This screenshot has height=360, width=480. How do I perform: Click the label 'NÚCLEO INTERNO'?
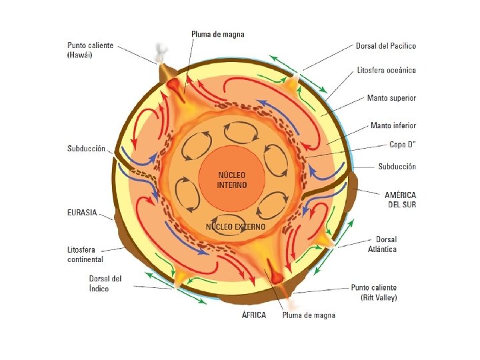click(232, 180)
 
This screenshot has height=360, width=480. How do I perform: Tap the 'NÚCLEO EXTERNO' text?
click(235, 227)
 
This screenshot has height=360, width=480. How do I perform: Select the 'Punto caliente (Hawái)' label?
click(91, 51)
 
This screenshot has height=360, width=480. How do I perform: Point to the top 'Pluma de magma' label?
click(217, 33)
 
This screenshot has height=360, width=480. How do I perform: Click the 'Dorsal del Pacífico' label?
click(385, 46)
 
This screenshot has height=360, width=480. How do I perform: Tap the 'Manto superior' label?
click(391, 98)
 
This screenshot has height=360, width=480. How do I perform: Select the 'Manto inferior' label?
click(393, 125)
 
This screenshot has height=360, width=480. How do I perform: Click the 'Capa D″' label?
click(403, 145)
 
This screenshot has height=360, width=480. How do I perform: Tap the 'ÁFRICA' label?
click(253, 315)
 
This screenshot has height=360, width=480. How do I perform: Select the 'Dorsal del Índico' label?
click(105, 283)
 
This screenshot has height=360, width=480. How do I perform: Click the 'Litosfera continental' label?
click(85, 253)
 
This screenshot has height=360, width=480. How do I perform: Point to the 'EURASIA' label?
click(82, 213)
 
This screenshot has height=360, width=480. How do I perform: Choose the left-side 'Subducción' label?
click(87, 149)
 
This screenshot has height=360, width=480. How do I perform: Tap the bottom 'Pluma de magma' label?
click(309, 315)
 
